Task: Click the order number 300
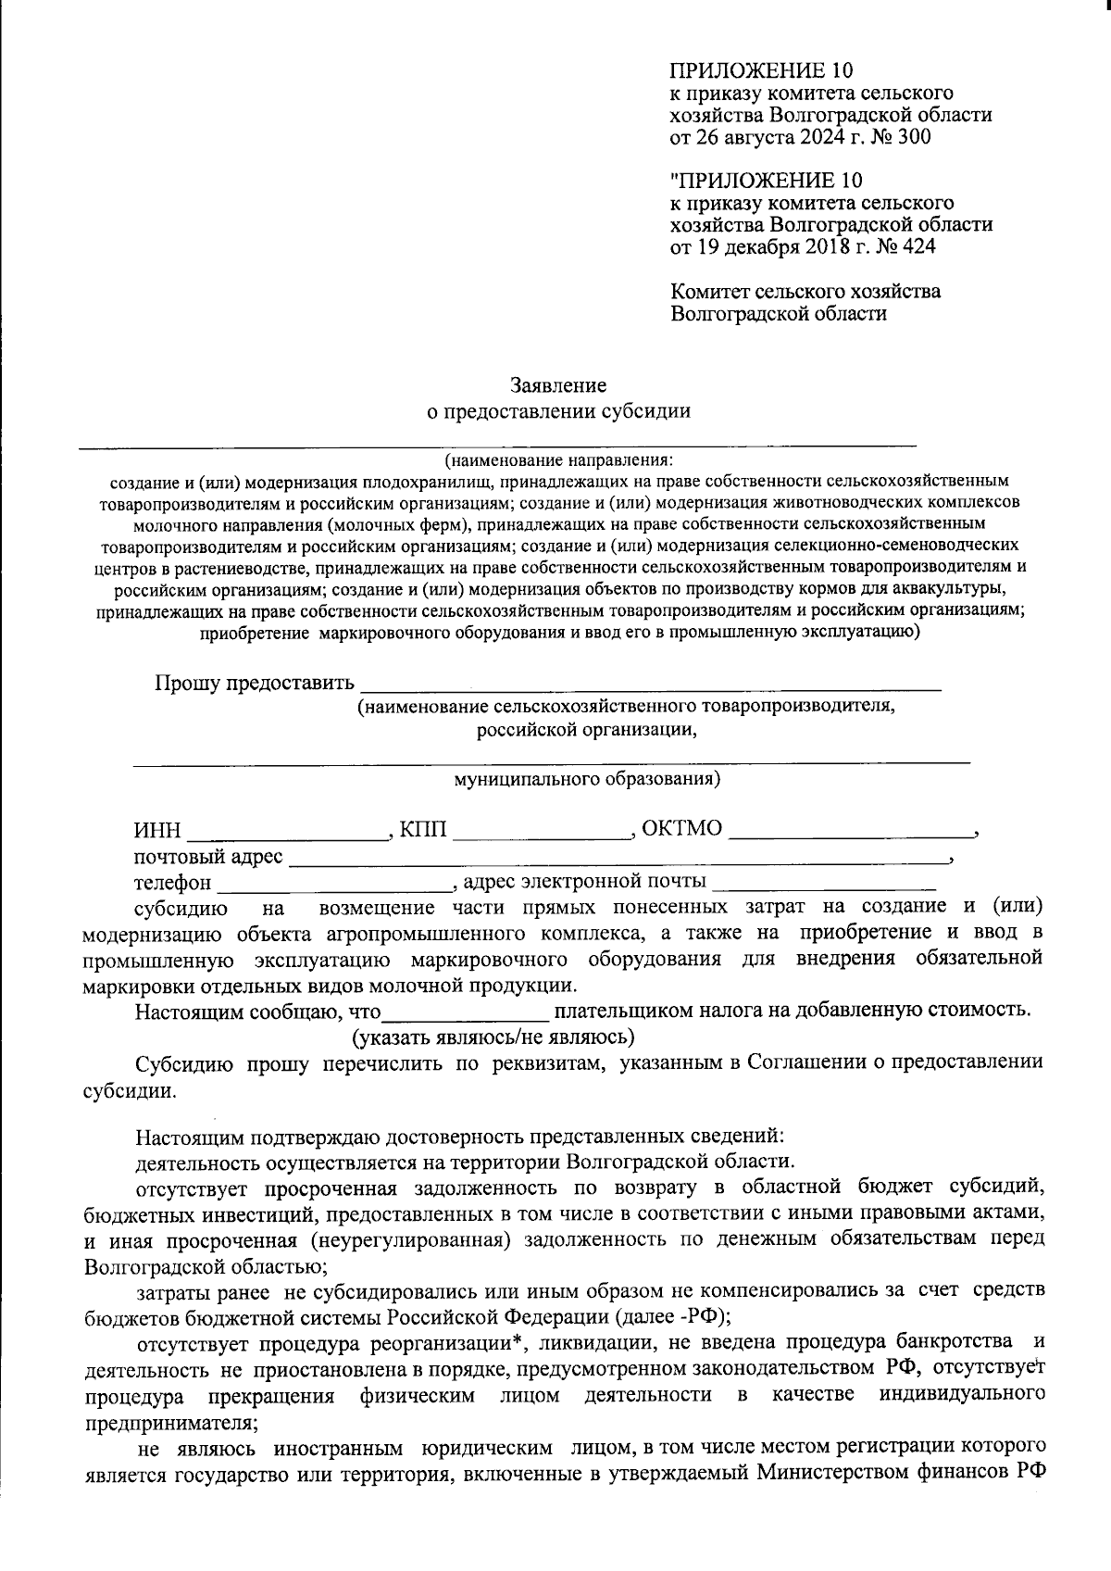click(914, 138)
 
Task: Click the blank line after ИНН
click(286, 831)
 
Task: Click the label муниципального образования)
click(587, 779)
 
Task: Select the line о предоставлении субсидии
click(557, 411)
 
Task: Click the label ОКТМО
click(681, 827)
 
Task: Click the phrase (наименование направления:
click(557, 460)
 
